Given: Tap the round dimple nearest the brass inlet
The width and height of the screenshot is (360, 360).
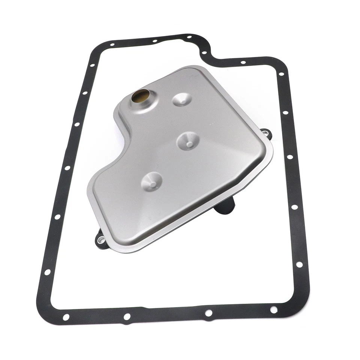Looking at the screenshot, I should tap(182, 99).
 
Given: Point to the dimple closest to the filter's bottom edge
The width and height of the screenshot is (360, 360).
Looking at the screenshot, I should tap(151, 182).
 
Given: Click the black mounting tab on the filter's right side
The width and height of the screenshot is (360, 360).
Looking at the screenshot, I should tap(265, 133).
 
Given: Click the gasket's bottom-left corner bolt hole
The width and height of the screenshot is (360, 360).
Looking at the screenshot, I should tap(66, 317).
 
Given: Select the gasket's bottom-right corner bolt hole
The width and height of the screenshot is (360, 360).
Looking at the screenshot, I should tap(274, 310).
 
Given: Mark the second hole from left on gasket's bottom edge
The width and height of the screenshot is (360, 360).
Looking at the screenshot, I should tap(127, 317).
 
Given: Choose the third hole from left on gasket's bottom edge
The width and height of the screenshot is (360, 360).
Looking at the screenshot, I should tap(208, 313).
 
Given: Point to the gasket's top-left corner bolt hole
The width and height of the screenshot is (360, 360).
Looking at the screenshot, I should tap(112, 45).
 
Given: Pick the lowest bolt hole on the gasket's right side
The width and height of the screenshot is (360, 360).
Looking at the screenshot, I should tap(299, 264).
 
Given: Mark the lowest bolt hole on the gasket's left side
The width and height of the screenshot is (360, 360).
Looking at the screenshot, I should tap(48, 272).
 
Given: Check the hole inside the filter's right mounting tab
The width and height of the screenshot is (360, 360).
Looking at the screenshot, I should tap(266, 132).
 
